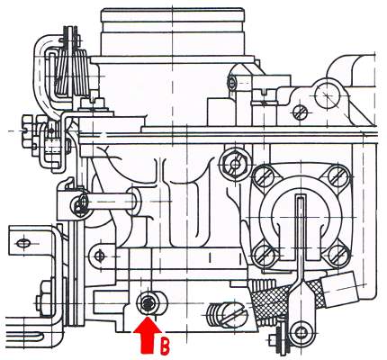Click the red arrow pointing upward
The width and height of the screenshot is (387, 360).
click(x=148, y=335)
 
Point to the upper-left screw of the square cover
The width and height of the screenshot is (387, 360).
click(x=263, y=176)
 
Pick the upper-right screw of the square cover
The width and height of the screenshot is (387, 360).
click(x=338, y=175)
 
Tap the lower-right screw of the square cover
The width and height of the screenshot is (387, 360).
click(x=338, y=256)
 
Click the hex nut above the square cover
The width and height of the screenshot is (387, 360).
click(x=234, y=164)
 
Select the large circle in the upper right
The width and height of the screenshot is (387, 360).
click(x=328, y=94)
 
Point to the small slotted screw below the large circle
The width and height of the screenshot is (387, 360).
click(x=300, y=113)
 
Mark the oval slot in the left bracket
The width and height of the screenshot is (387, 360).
click(x=22, y=244)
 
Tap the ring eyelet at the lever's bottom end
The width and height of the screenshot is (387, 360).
click(x=300, y=332)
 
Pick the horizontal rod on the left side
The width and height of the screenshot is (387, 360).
click(x=110, y=202)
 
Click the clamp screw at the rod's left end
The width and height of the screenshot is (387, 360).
click(x=79, y=205)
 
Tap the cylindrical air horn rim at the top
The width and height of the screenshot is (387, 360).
click(x=172, y=15)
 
